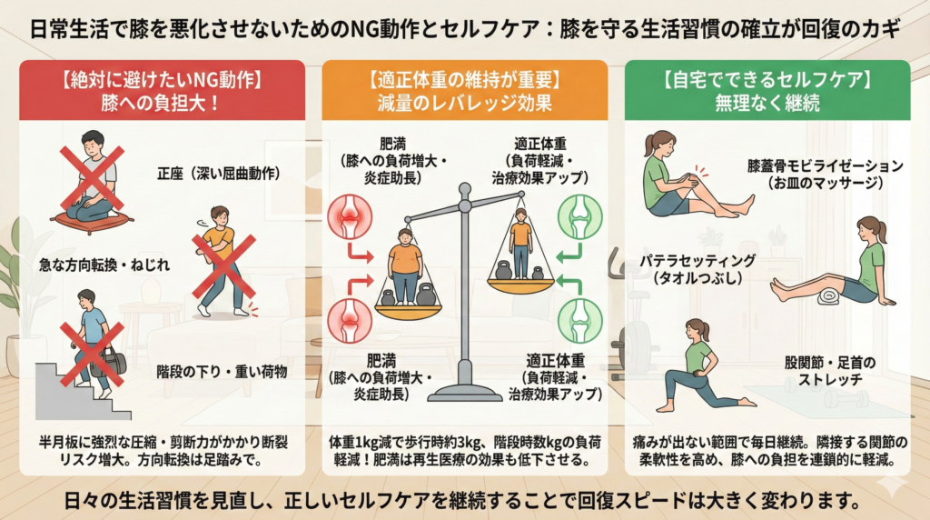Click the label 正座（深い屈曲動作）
pyautogui.click(x=219, y=174)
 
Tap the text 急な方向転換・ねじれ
pyautogui.click(x=104, y=265)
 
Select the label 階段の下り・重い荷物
pyautogui.click(x=222, y=372)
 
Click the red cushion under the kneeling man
pyautogui.click(x=92, y=220)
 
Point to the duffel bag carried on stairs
pyautogui.click(x=110, y=361)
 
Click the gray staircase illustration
pyautogui.click(x=77, y=392)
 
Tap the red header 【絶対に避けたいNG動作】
pyautogui.click(x=162, y=79)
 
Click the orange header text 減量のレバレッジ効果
pyautogui.click(x=465, y=104)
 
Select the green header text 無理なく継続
pyautogui.click(x=767, y=104)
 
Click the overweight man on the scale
pyautogui.click(x=406, y=265)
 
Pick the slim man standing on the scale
pyautogui.click(x=520, y=243)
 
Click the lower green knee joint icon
pyautogui.click(x=580, y=319)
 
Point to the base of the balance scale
pyautogui.click(x=465, y=393)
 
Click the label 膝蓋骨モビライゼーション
pyautogui.click(x=826, y=165)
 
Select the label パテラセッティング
pyautogui.click(x=697, y=261)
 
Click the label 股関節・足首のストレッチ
pyautogui.click(x=830, y=370)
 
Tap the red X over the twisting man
pyautogui.click(x=223, y=266)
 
